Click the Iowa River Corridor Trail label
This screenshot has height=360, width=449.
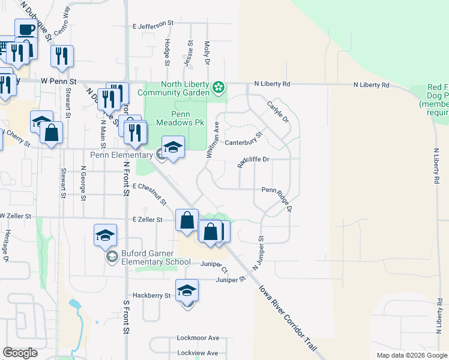[288, 319]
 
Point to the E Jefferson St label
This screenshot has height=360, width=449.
[153, 25]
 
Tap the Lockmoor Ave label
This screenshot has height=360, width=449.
[198, 338]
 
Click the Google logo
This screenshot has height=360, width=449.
[20, 353]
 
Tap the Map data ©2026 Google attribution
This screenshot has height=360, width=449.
[411, 355]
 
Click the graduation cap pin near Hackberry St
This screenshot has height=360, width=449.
[187, 290]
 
